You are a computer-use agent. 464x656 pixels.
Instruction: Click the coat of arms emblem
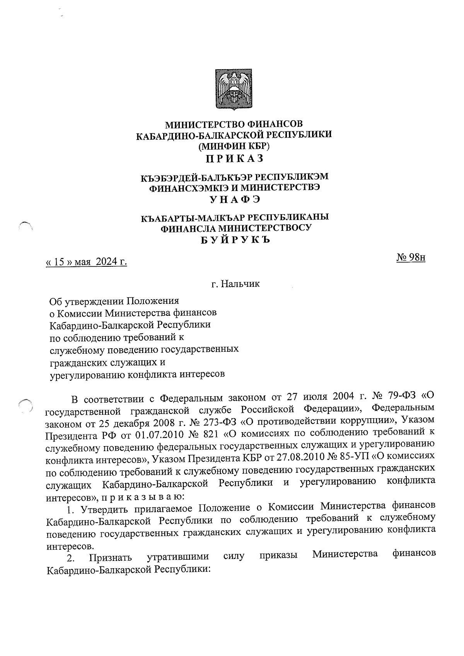pyautogui.click(x=234, y=89)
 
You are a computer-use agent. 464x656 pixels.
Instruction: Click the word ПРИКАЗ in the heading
pyautogui.click(x=234, y=158)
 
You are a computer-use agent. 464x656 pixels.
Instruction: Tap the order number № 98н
pyautogui.click(x=411, y=257)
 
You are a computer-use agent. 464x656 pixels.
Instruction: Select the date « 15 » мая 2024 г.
pyautogui.click(x=87, y=262)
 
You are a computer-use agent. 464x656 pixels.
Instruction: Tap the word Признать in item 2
pyautogui.click(x=110, y=557)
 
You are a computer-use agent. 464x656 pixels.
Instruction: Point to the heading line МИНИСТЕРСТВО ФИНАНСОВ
pyautogui.click(x=234, y=124)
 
